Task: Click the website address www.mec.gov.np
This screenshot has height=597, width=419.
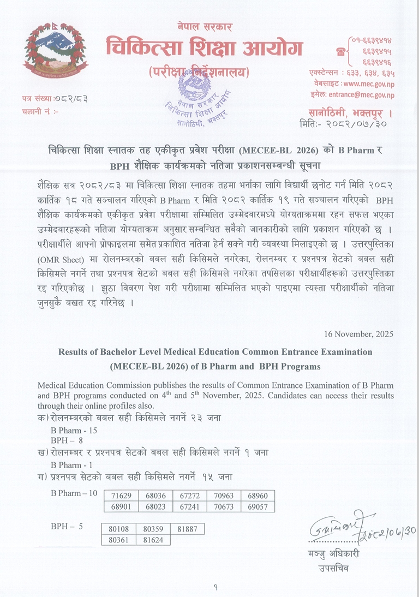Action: [369, 84]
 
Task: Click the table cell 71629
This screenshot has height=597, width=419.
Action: [122, 496]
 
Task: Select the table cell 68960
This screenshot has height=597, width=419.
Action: [258, 496]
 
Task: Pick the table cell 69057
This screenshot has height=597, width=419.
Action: [258, 506]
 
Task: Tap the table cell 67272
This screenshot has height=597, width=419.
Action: [190, 496]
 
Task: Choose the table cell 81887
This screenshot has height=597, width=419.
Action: [187, 529]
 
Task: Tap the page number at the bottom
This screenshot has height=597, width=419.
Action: [216, 587]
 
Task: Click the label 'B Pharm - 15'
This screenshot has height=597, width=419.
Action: [74, 431]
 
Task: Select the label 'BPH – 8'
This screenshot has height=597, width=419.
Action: [67, 440]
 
